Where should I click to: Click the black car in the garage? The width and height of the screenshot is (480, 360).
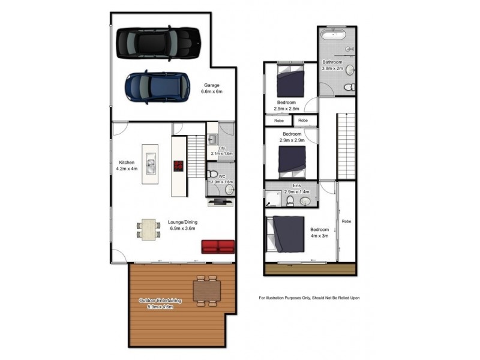(158, 43)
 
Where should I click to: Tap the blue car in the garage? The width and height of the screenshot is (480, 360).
(157, 87)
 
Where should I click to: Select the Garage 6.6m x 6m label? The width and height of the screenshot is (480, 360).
(212, 88)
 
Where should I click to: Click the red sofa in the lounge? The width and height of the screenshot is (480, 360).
(218, 247)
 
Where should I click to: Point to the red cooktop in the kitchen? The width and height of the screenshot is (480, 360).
(178, 166)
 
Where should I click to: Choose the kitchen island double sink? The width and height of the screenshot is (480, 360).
(150, 164)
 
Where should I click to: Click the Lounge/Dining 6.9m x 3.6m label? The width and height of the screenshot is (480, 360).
(182, 225)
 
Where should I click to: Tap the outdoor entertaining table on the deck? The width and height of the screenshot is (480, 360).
(206, 291)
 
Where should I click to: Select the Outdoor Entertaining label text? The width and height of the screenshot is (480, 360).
(160, 301)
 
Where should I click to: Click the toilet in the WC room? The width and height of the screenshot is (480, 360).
(212, 175)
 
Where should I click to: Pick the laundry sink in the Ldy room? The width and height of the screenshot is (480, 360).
(212, 140)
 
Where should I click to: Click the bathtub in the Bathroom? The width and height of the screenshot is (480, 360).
(334, 34)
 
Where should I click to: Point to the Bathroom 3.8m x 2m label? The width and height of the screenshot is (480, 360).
(332, 65)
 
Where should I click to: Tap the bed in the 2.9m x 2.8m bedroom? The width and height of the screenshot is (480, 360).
(290, 80)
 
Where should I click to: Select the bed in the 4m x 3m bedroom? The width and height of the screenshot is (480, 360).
(286, 234)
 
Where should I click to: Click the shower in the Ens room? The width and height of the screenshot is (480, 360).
(274, 199)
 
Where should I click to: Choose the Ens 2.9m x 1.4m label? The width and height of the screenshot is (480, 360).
(296, 188)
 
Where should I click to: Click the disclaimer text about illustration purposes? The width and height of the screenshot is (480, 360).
(309, 298)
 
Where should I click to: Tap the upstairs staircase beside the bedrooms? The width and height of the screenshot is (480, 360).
(346, 146)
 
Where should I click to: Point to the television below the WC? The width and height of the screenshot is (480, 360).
(221, 202)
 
